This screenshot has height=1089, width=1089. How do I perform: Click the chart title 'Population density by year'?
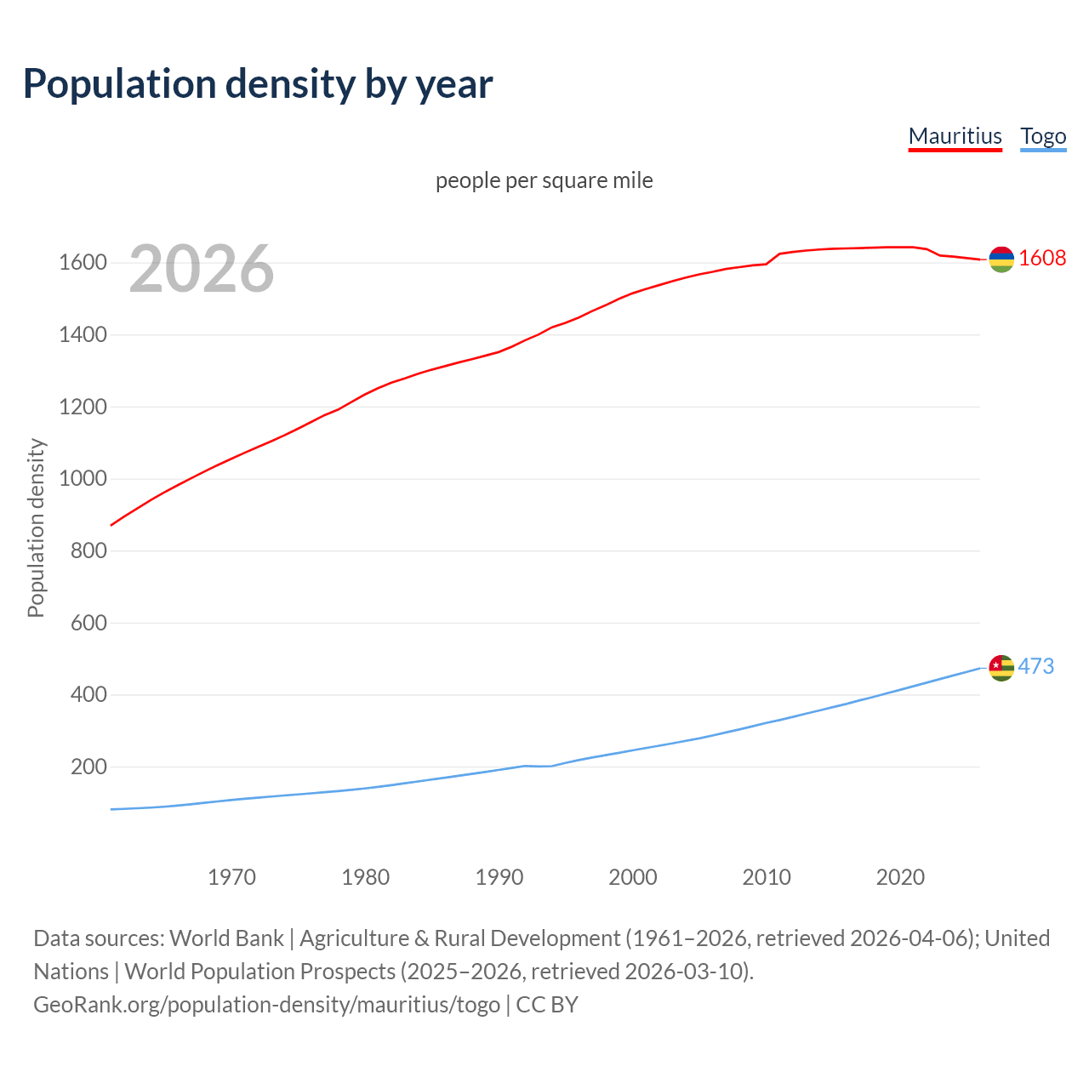coord(258,84)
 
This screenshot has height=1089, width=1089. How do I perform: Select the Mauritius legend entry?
coord(955,136)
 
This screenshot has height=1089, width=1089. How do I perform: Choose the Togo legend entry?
coord(1043,136)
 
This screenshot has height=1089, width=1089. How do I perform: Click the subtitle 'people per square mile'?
coord(544,180)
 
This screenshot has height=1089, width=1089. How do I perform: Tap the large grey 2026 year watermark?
coord(202,269)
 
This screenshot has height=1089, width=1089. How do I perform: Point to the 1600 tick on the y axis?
coord(83,263)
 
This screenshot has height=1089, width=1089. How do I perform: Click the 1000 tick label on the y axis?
coord(83,479)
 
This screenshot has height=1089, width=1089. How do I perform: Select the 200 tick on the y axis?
coord(88,767)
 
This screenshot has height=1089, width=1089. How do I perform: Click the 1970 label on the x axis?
coord(231,877)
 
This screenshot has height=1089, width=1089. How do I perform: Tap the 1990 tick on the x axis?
coord(499,877)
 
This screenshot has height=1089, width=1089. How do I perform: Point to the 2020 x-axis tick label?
coord(900,877)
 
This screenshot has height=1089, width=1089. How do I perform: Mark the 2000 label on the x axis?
coord(633,877)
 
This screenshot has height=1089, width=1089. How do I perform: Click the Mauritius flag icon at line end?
coord(1001,259)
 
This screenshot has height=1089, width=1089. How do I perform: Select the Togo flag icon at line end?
coord(1001,668)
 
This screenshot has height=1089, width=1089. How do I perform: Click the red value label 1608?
coord(1042,259)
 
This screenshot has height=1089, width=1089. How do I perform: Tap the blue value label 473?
coord(1036,666)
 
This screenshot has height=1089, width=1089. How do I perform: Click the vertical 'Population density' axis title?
coord(36,527)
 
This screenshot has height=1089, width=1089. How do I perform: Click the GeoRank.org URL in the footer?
coord(266,1005)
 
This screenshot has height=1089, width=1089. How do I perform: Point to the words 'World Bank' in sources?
coord(226,938)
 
